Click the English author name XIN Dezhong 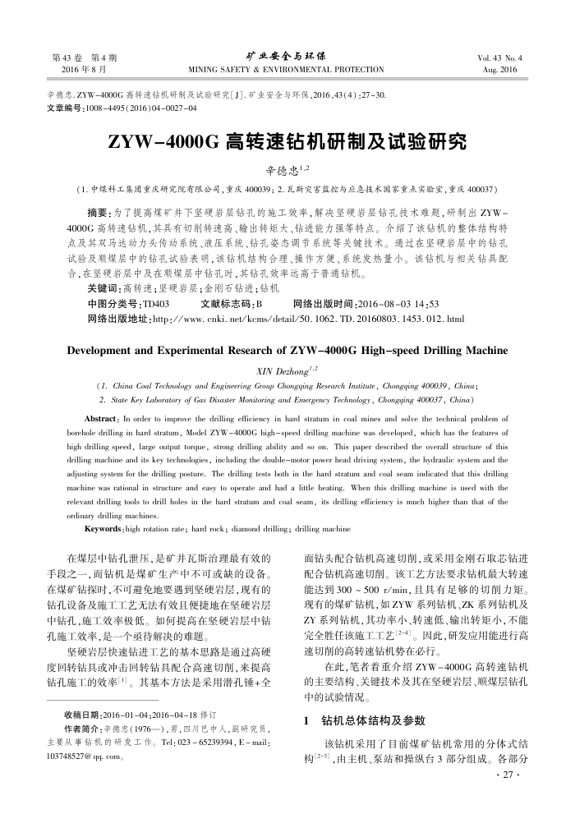284,370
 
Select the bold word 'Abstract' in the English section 90,408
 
